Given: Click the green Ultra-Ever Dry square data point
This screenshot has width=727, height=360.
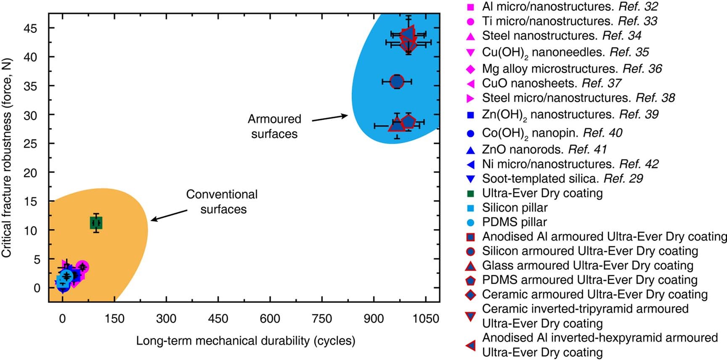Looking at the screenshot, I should [96, 223].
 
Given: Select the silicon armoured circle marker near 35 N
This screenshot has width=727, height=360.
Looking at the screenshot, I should [397, 81].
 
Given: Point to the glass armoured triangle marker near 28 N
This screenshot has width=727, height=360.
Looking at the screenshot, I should [396, 124].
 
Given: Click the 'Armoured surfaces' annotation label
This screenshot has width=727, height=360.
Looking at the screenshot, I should [274, 126].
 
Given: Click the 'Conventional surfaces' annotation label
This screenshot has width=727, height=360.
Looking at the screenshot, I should [222, 202].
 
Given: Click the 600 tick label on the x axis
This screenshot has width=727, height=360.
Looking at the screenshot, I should [270, 319].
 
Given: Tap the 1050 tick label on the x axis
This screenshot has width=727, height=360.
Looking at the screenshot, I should [426, 319].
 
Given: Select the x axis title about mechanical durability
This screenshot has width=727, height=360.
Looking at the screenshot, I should [245, 341].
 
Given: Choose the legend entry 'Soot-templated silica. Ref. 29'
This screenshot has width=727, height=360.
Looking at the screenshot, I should [562, 179].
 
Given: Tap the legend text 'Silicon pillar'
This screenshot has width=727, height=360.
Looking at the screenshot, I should [515, 208].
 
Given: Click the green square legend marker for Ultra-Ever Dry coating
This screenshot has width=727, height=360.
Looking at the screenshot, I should [471, 193].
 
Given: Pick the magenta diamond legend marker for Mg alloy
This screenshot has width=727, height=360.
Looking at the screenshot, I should [471, 69].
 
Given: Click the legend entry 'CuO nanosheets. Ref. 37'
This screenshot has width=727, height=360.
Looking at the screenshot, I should [551, 83].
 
